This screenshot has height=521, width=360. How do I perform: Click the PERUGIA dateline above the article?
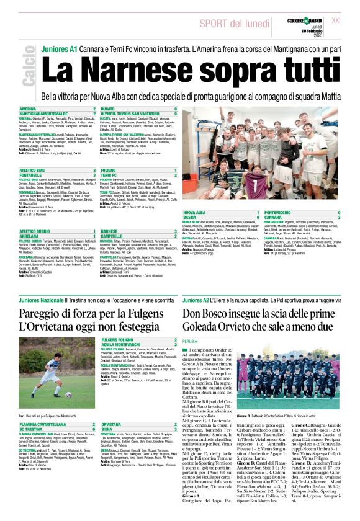(x=192, y=341)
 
